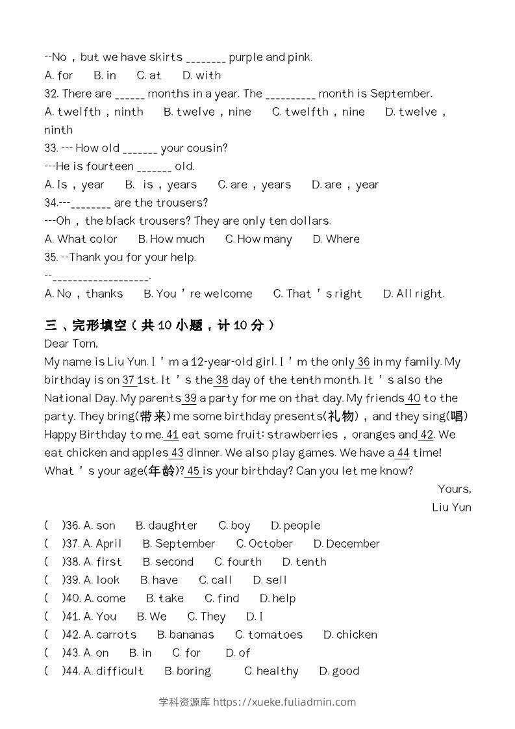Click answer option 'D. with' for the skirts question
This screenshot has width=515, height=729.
click(201, 75)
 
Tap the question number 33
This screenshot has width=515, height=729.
click(51, 148)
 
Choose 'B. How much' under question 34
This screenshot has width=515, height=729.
click(171, 239)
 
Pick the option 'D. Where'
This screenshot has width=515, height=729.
click(336, 239)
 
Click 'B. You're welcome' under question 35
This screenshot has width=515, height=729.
click(198, 294)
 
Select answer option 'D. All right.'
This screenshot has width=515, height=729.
click(414, 294)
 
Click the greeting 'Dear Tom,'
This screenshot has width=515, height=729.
click(71, 344)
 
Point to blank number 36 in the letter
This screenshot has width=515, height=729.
click(363, 362)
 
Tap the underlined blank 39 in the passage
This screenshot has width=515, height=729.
click(190, 398)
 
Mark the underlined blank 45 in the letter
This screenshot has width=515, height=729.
click(194, 471)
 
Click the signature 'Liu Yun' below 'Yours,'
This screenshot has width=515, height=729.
click(451, 507)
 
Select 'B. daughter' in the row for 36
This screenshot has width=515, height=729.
click(166, 526)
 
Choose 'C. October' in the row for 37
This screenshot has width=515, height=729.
click(264, 544)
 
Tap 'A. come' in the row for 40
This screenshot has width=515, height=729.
click(105, 598)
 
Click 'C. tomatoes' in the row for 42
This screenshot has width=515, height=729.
click(269, 635)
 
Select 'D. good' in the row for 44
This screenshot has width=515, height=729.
click(339, 671)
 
